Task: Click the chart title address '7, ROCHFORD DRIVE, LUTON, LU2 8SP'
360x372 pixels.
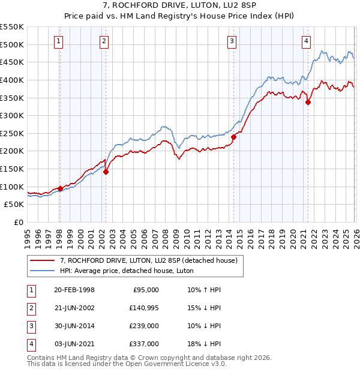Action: [179, 5]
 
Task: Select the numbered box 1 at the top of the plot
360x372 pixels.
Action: [59, 41]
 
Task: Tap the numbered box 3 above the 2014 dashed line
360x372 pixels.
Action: [232, 41]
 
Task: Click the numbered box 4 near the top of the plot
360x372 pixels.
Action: [306, 41]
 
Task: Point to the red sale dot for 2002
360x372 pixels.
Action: [106, 172]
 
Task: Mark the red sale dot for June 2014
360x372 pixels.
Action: [233, 137]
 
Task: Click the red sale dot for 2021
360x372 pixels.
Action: [308, 102]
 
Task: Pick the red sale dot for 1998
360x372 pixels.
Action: [60, 188]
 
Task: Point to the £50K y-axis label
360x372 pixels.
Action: [14, 205]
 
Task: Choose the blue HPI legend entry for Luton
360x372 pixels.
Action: [126, 271]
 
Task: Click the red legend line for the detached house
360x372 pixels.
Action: [43, 260]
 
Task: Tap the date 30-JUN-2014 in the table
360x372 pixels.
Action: [74, 326]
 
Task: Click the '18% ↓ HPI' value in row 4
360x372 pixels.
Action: [204, 344]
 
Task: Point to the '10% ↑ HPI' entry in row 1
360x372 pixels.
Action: [204, 290]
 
